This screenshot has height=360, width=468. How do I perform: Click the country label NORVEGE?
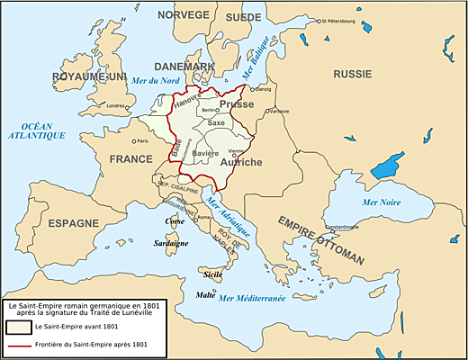pyautogui.click(x=184, y=15)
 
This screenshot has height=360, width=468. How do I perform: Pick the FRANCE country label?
pyautogui.click(x=131, y=158)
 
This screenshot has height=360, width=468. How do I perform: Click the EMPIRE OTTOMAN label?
pyautogui.click(x=320, y=239)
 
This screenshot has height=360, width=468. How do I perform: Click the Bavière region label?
pyautogui.click(x=206, y=154)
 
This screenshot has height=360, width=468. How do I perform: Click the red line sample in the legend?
pyautogui.click(x=24, y=345)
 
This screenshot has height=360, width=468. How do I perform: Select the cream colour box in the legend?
pyautogui.click(x=24, y=327)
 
